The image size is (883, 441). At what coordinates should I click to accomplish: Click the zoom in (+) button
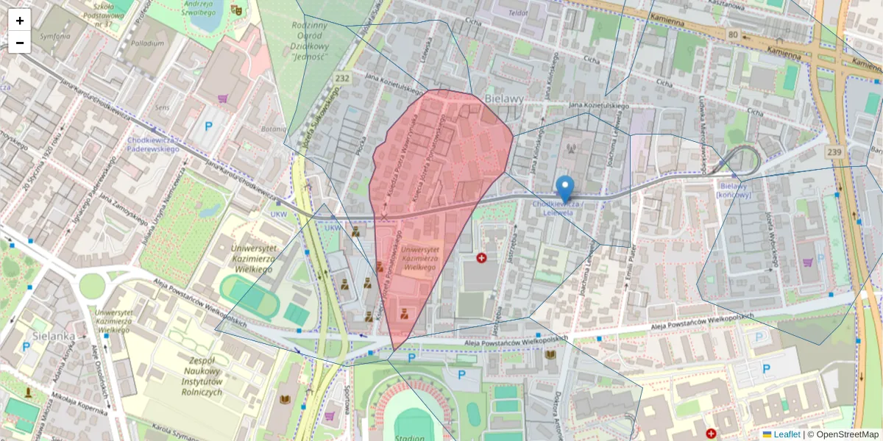[x=20, y=21]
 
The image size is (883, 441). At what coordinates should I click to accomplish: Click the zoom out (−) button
[x=20, y=43]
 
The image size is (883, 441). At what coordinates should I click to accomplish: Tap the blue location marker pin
[x=564, y=190]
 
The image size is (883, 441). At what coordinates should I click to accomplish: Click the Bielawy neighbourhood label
[x=505, y=98]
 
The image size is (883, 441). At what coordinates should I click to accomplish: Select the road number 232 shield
[x=342, y=77]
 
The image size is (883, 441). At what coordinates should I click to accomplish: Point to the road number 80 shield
[x=732, y=34]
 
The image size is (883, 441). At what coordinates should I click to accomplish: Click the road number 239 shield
[x=834, y=152]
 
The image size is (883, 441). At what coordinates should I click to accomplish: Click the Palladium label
[x=148, y=43]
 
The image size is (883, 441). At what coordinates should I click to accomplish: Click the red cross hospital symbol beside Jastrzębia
[x=481, y=258]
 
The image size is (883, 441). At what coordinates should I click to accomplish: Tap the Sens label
[x=162, y=107]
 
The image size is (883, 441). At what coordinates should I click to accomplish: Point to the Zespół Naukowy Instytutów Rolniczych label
[x=195, y=377]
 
